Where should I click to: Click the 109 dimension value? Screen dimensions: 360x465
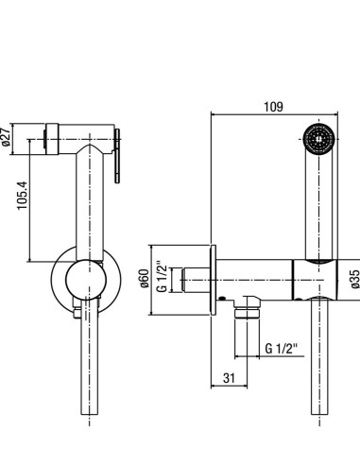click(273, 107)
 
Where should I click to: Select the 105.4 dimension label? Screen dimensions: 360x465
click(23, 196)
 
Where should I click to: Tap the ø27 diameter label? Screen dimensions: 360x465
click(7, 137)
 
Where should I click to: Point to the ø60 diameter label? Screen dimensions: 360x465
click(145, 278)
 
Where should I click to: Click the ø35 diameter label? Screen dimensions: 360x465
click(355, 279)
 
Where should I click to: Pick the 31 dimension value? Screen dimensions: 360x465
click(229, 378)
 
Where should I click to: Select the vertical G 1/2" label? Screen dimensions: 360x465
click(162, 276)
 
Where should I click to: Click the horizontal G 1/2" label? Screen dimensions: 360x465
click(282, 349)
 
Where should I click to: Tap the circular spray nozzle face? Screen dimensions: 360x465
click(319, 139)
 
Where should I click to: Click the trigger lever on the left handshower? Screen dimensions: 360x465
click(117, 156)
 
